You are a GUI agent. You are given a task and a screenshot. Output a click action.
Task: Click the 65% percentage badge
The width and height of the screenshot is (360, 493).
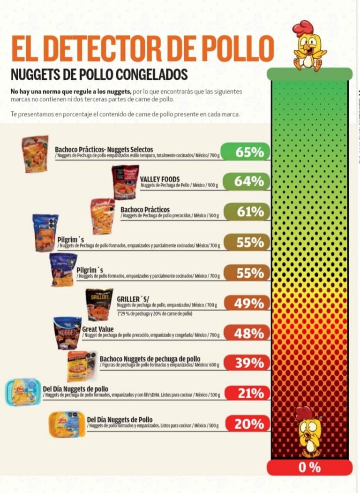coord(245,152)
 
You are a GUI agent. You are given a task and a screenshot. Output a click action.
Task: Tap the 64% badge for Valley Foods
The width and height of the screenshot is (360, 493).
coord(245,182)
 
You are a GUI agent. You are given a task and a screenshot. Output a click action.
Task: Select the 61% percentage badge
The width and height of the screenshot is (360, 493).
coord(245,212)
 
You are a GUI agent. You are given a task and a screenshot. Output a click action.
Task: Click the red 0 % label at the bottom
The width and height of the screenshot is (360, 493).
coord(309,467)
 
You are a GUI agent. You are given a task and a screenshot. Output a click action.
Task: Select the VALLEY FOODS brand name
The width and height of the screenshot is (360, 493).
coord(159,179)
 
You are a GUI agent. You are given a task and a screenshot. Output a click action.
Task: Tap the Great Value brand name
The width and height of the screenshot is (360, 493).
coord(97,329)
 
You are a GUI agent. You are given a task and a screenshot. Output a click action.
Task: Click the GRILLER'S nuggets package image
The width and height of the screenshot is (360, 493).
coord(99,304)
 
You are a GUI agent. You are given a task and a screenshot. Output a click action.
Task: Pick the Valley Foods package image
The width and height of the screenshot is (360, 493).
coord(125,182)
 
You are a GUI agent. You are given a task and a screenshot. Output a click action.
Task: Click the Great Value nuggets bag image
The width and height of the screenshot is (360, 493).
coord(67,333)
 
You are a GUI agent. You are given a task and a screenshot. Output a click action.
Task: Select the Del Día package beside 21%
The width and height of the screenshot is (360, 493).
coord(23,393)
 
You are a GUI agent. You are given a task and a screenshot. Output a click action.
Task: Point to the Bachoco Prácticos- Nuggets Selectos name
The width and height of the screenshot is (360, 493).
coord(104,149)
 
